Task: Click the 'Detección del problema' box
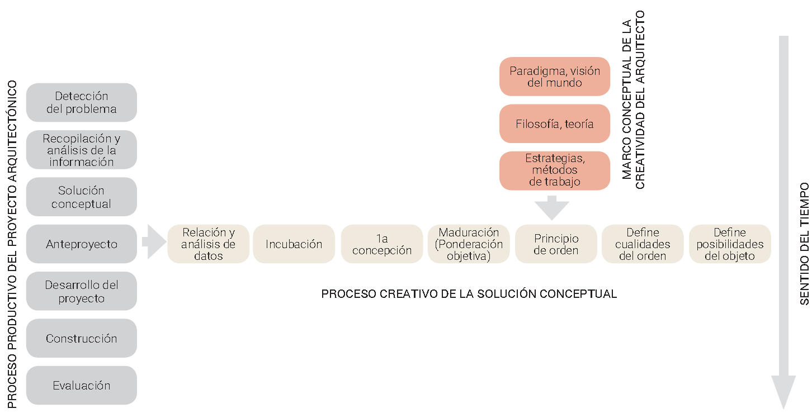pos(82,102)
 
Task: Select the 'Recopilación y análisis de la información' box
pos(82,150)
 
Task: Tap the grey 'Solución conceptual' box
pos(82,197)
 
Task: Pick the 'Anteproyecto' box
pos(82,244)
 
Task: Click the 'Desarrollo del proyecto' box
pos(82,291)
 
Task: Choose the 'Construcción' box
pos(82,338)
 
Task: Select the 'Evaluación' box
pos(82,386)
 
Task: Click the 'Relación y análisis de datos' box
pos(209,244)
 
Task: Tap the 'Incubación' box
pos(294,244)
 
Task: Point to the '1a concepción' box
pos(382,244)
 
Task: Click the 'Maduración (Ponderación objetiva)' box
pos(469,244)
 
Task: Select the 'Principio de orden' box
pos(556,244)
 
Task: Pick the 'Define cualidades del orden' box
pos(643,244)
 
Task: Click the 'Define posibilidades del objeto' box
pos(730,244)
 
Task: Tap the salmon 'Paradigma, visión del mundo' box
pos(554,77)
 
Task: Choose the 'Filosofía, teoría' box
pos(554,124)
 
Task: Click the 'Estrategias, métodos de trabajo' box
pos(554,170)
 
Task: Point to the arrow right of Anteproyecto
pos(154,241)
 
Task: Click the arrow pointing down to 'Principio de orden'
pos(552,208)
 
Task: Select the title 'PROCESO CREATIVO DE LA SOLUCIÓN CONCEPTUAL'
pos(469,294)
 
